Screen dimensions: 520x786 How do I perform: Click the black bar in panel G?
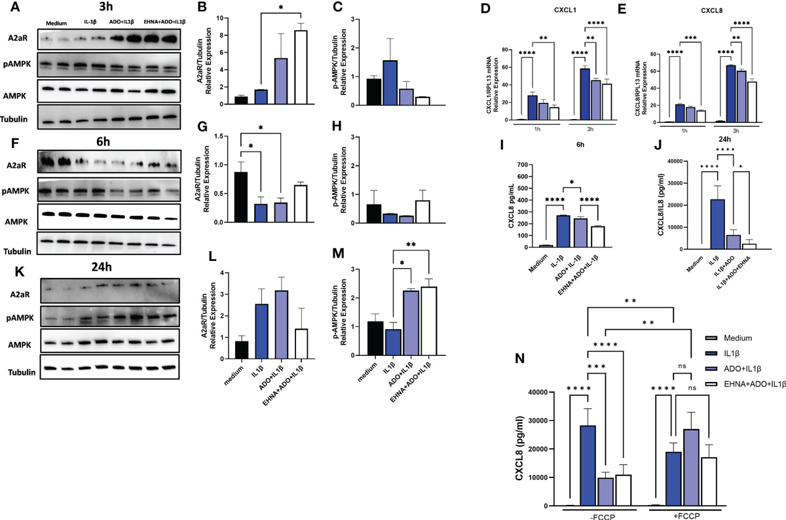pos(241,197)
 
